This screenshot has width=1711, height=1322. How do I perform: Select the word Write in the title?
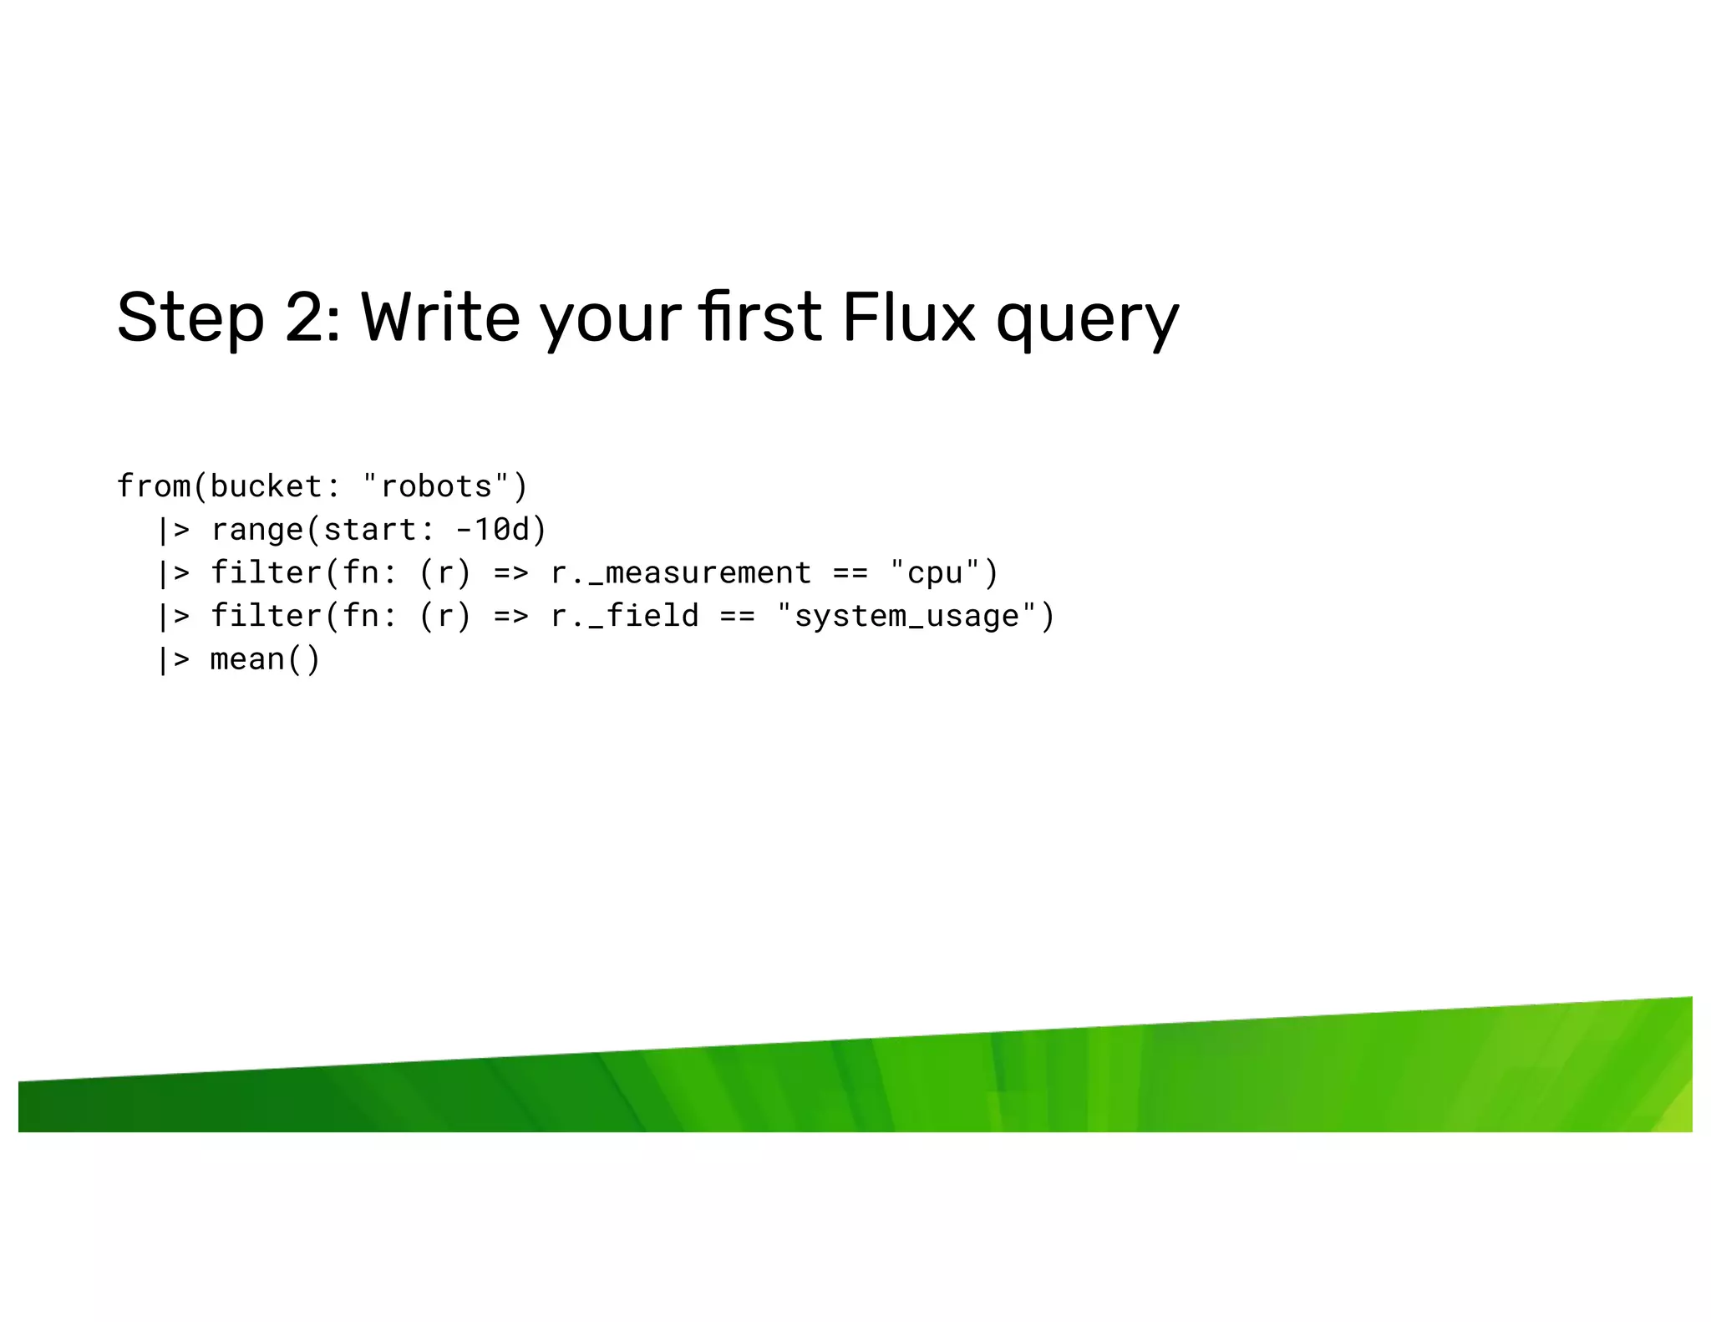[440, 318]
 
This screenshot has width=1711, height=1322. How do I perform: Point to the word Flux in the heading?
[908, 318]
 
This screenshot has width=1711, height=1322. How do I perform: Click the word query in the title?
[1087, 322]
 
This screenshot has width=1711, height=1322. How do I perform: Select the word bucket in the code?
[266, 486]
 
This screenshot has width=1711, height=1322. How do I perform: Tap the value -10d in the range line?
[492, 530]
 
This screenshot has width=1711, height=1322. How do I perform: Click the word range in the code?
[256, 530]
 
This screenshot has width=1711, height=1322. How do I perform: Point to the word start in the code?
[370, 530]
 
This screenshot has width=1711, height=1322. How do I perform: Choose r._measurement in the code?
[681, 573]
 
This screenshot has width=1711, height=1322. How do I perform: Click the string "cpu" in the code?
[934, 573]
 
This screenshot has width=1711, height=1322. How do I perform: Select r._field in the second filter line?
[624, 617]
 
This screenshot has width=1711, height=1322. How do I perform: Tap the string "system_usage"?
[906, 617]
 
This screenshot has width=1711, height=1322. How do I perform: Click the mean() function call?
[265, 659]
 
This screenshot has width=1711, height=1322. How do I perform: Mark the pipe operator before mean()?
[173, 659]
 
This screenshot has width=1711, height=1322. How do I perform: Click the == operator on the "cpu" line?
[850, 573]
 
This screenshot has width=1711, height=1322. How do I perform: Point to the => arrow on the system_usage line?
[510, 617]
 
